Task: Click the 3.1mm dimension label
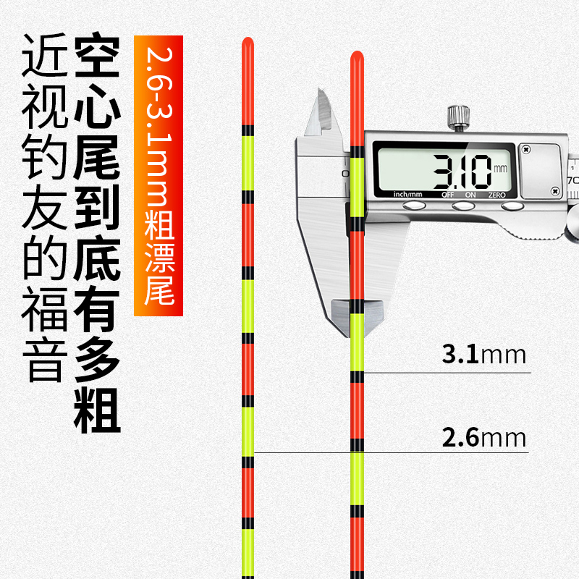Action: [483, 355]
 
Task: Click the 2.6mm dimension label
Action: [483, 438]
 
